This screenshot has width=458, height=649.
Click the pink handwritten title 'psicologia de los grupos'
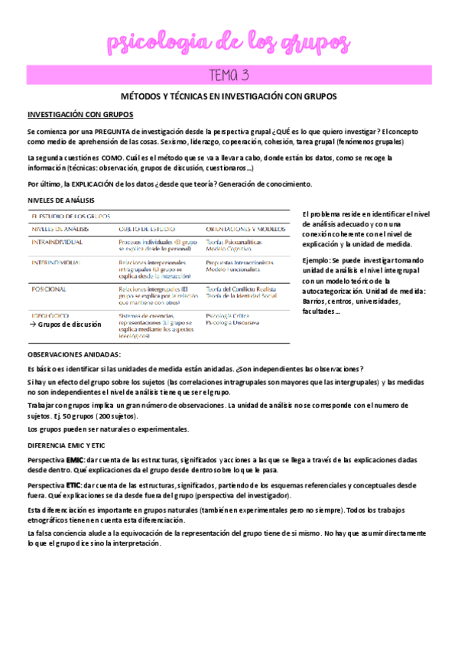tap(229, 42)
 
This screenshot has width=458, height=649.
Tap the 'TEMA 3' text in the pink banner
tap(229, 75)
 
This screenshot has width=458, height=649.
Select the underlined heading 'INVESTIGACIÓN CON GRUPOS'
tap(80, 115)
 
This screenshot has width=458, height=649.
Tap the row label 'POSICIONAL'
tap(48, 289)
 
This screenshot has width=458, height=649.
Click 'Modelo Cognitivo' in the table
tap(231, 249)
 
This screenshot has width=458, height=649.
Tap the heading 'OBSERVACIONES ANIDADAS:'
tap(74, 354)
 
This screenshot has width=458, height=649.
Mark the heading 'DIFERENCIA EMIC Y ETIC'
tap(67, 445)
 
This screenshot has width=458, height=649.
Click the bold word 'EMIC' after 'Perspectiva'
tap(75, 458)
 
